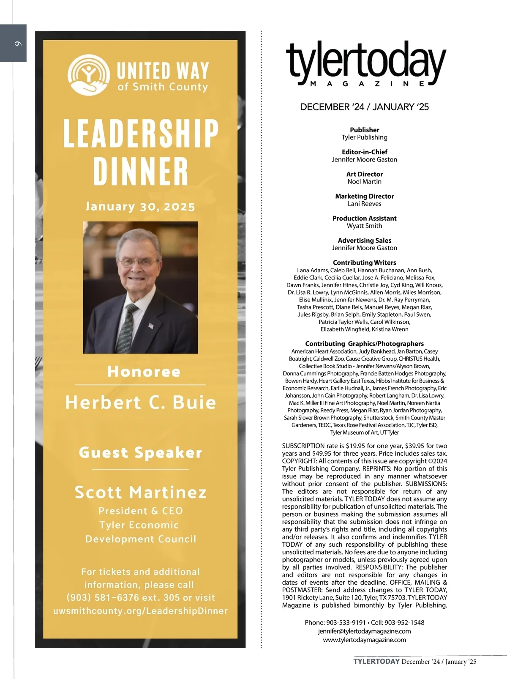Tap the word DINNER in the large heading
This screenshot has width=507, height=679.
(x=140, y=171)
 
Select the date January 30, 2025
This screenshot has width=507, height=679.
(x=140, y=207)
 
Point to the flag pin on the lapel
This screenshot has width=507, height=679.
(x=151, y=326)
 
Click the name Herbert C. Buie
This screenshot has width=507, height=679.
(x=140, y=402)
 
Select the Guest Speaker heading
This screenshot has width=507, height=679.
(x=140, y=453)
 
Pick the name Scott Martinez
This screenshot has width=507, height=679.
(x=140, y=492)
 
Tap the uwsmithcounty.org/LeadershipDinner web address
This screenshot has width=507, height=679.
(x=140, y=611)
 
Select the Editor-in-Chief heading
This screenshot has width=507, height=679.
(x=364, y=152)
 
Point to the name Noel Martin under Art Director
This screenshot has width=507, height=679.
(x=364, y=182)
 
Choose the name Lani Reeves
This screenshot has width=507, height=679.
(x=364, y=204)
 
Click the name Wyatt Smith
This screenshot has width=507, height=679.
(x=364, y=226)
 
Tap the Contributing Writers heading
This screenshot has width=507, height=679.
(x=364, y=263)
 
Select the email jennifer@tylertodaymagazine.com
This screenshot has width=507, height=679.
(x=364, y=631)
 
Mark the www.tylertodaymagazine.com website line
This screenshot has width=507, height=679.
(x=364, y=640)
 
